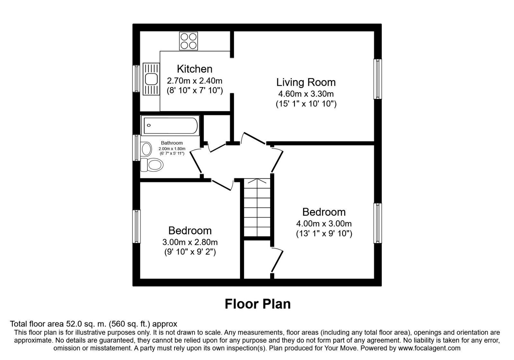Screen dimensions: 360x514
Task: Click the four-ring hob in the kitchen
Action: click(189, 41)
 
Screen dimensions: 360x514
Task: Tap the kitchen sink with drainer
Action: click(151, 79)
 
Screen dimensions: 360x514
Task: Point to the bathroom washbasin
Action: click(146, 149)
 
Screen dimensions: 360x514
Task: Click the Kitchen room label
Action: click(194, 69)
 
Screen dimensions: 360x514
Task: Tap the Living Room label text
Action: click(306, 82)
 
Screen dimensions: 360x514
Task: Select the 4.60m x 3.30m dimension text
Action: click(306, 94)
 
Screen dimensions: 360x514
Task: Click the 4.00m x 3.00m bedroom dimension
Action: click(324, 223)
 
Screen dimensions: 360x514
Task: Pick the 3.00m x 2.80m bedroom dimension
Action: click(190, 242)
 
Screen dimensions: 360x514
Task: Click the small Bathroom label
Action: click(172, 143)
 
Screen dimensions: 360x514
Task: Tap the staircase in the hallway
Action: click(257, 207)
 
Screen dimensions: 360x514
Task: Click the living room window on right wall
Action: click(377, 79)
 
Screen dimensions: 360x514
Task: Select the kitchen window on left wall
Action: click(137, 79)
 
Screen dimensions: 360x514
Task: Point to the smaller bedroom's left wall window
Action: click(137, 227)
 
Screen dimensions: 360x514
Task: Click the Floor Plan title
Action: click(258, 304)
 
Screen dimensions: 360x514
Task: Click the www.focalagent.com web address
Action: click(429, 348)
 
